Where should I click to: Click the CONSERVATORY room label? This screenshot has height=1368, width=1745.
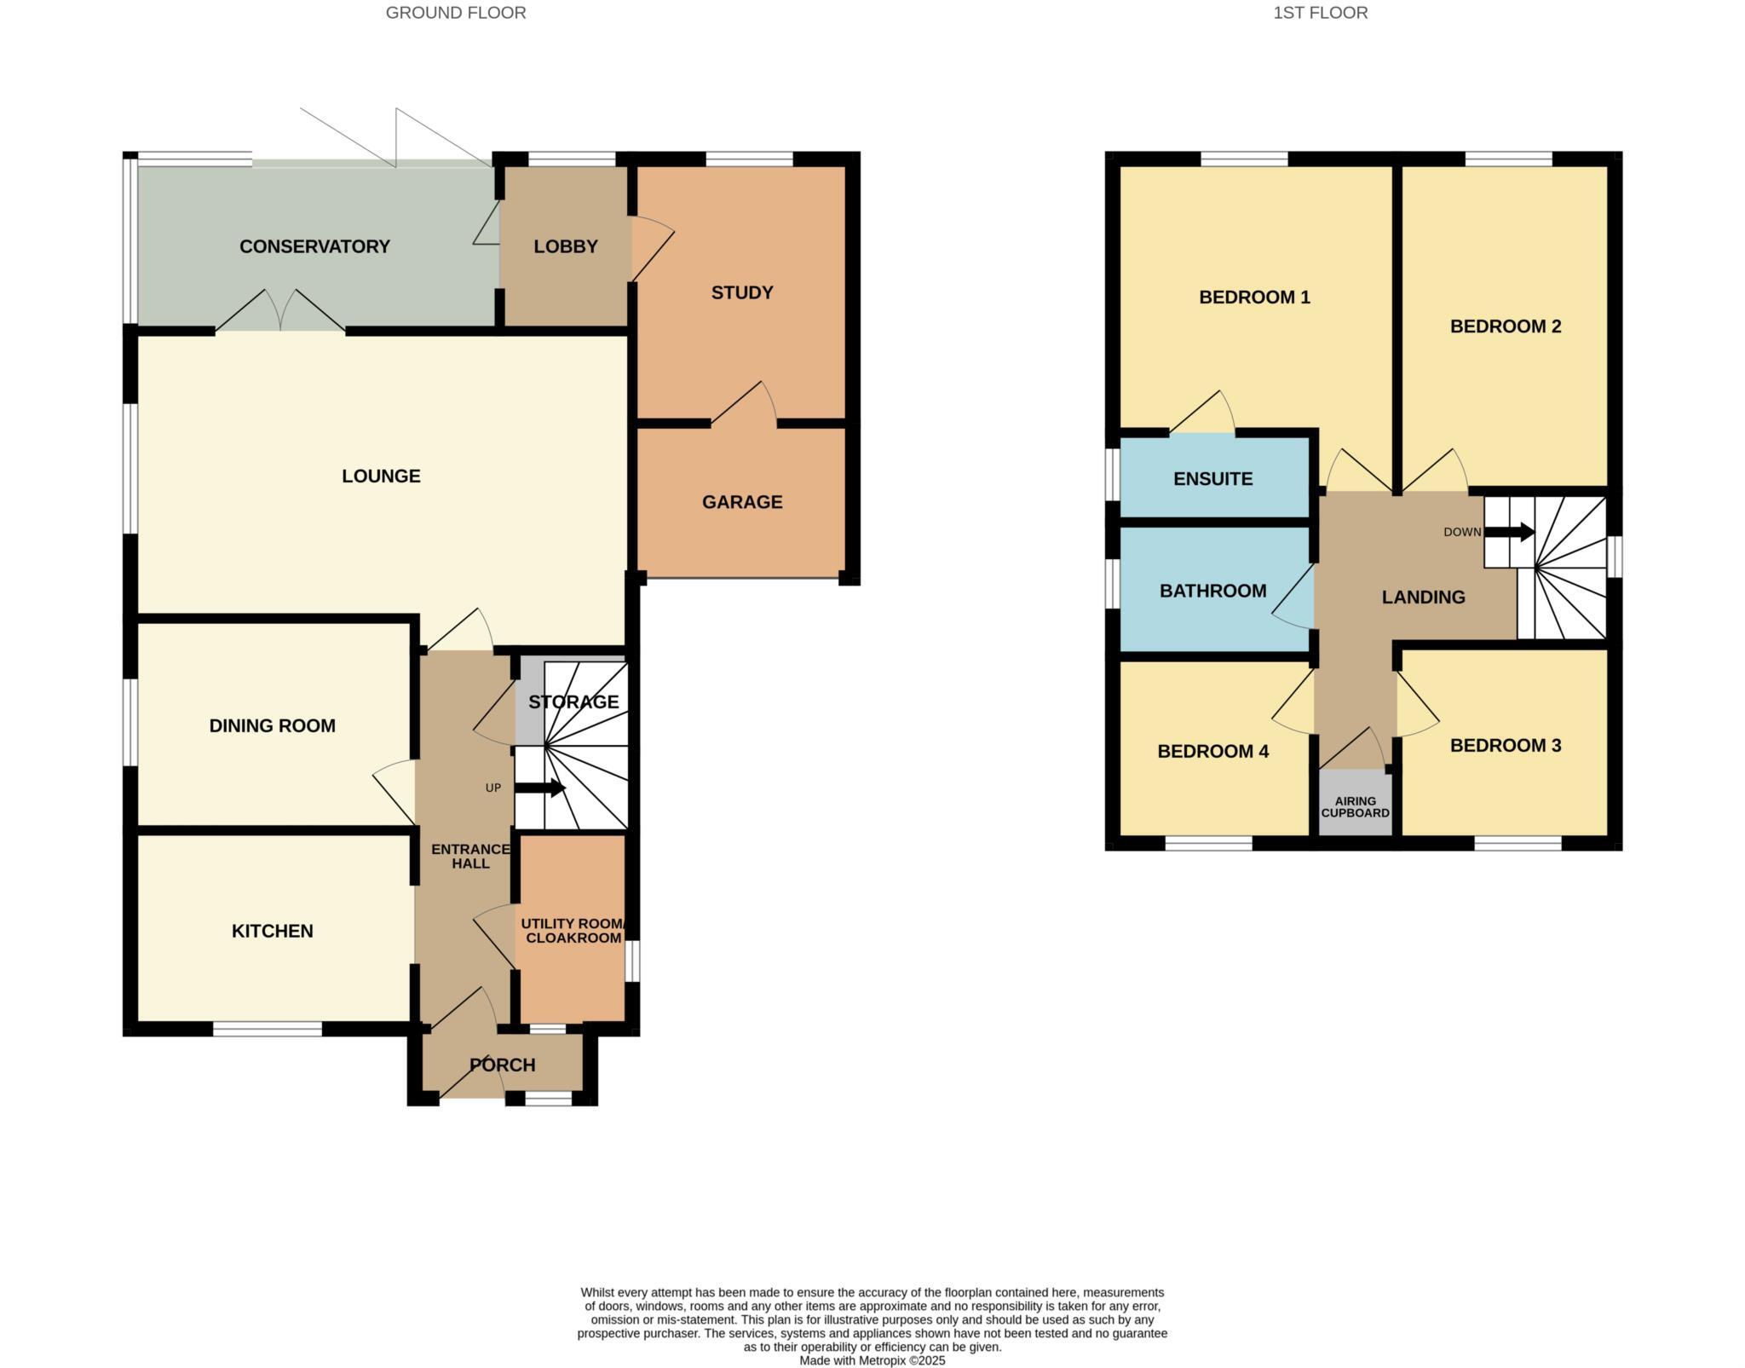(314, 246)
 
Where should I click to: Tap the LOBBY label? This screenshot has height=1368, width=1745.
(566, 246)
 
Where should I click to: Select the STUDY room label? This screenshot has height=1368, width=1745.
(742, 292)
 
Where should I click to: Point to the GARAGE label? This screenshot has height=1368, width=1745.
(742, 502)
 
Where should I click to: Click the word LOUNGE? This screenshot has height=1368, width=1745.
(381, 476)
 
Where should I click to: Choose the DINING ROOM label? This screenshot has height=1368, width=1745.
(272, 725)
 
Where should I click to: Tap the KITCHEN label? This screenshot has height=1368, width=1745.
(272, 931)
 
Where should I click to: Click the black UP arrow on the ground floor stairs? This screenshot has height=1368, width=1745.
(540, 788)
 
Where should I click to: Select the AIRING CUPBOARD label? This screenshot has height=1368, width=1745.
(1355, 806)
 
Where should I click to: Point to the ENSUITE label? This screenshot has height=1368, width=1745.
(1212, 479)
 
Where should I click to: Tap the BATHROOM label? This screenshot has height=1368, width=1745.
(1212, 591)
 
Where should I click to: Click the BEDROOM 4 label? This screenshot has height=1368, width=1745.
(1212, 751)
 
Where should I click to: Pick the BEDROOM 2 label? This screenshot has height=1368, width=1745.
(1506, 326)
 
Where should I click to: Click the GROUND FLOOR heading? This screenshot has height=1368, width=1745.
(456, 13)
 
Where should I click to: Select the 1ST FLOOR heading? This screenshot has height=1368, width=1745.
(1320, 13)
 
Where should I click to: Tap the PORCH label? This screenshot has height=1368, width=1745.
(503, 1065)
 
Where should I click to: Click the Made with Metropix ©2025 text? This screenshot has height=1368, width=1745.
(872, 1360)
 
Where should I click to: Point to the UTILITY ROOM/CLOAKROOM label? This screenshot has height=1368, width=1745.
(573, 931)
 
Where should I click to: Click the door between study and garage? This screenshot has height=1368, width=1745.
(743, 405)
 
